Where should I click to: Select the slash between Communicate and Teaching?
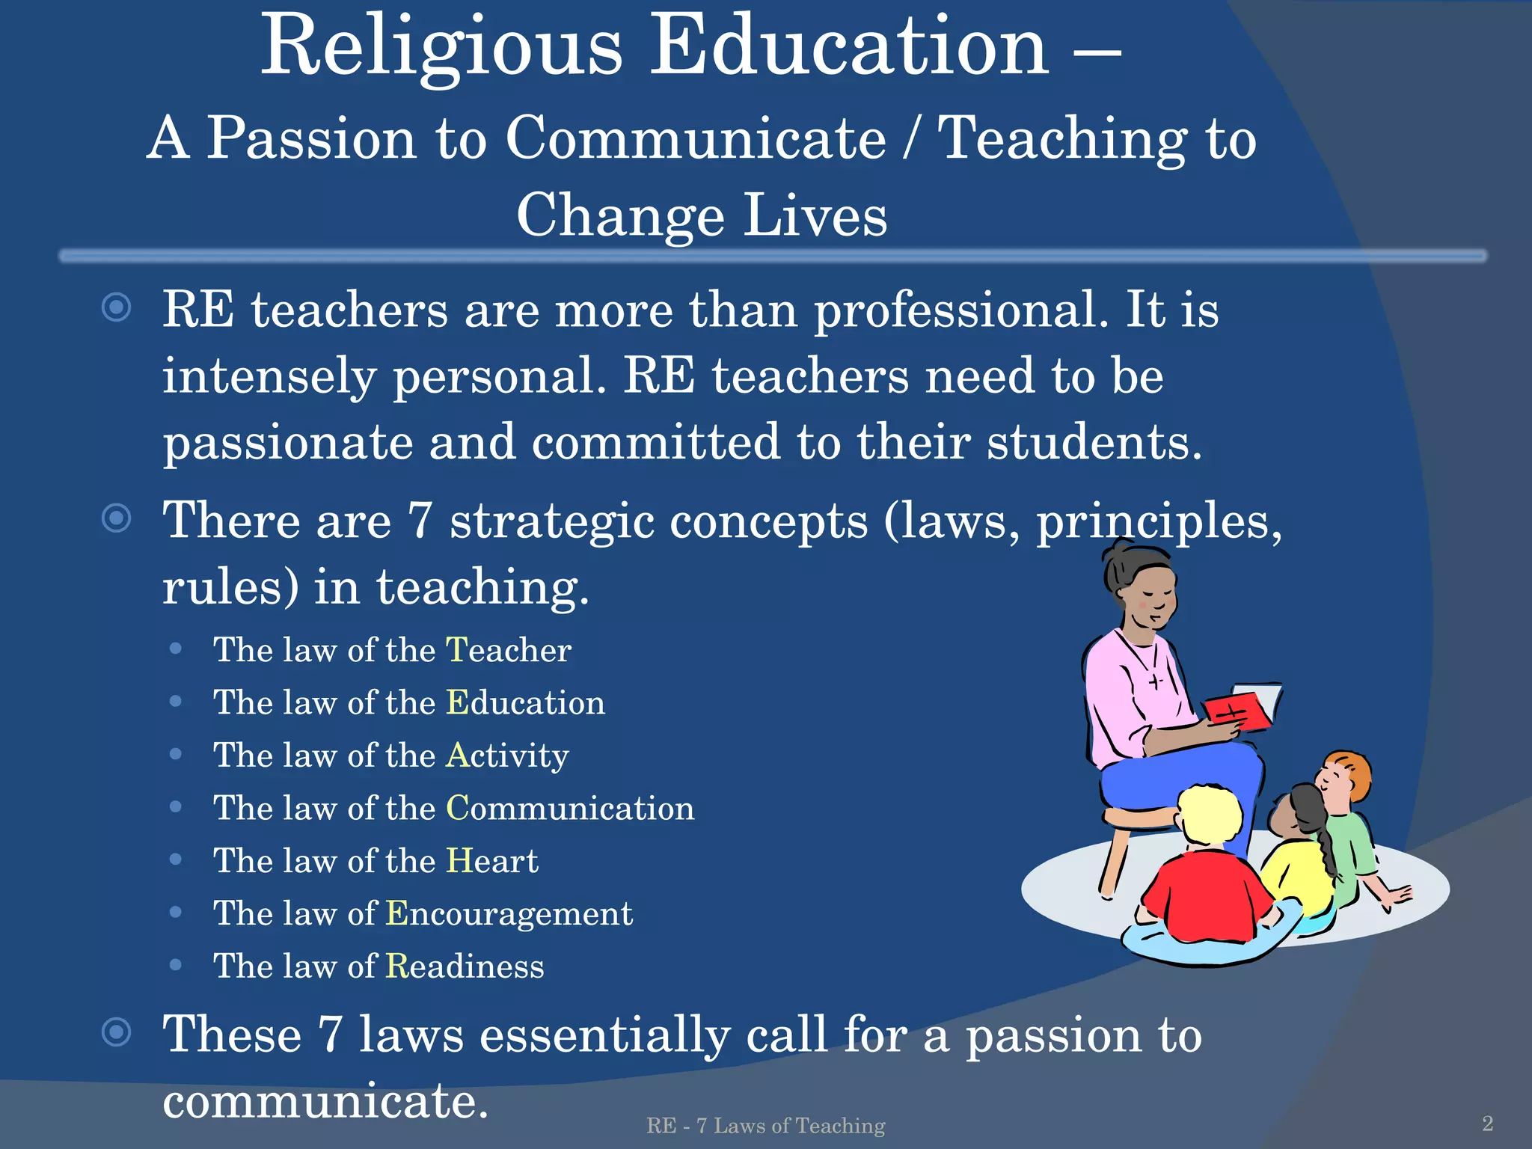(910, 138)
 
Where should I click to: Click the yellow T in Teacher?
(456, 649)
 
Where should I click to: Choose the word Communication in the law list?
(570, 808)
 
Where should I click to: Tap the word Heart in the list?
(491, 860)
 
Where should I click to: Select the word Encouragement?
(509, 913)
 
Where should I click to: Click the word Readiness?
(465, 966)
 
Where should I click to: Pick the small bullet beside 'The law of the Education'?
(176, 702)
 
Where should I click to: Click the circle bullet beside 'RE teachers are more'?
(116, 307)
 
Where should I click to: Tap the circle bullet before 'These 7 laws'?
(116, 1033)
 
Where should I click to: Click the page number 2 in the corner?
(1487, 1123)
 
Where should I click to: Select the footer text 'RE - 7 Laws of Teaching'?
(765, 1125)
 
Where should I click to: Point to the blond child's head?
(1210, 814)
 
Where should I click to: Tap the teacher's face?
(1148, 595)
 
